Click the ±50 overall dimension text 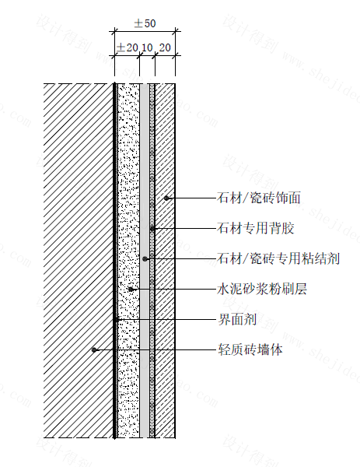pos(145,23)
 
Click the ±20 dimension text pos(127,47)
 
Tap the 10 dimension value pos(147,47)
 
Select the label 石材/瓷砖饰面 pos(259,198)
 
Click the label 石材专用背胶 pos(256,228)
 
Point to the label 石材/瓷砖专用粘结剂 pos(278,258)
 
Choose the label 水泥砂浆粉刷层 pos(262,289)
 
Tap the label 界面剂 pos(237,320)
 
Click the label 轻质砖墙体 pos(250,349)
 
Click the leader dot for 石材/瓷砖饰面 pos(166,198)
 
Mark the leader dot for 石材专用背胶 pos(152,228)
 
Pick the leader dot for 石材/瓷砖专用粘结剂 pos(145,258)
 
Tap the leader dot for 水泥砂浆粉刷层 pos(131,290)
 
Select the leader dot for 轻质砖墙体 pos(94,349)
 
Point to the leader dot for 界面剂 pos(115,320)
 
